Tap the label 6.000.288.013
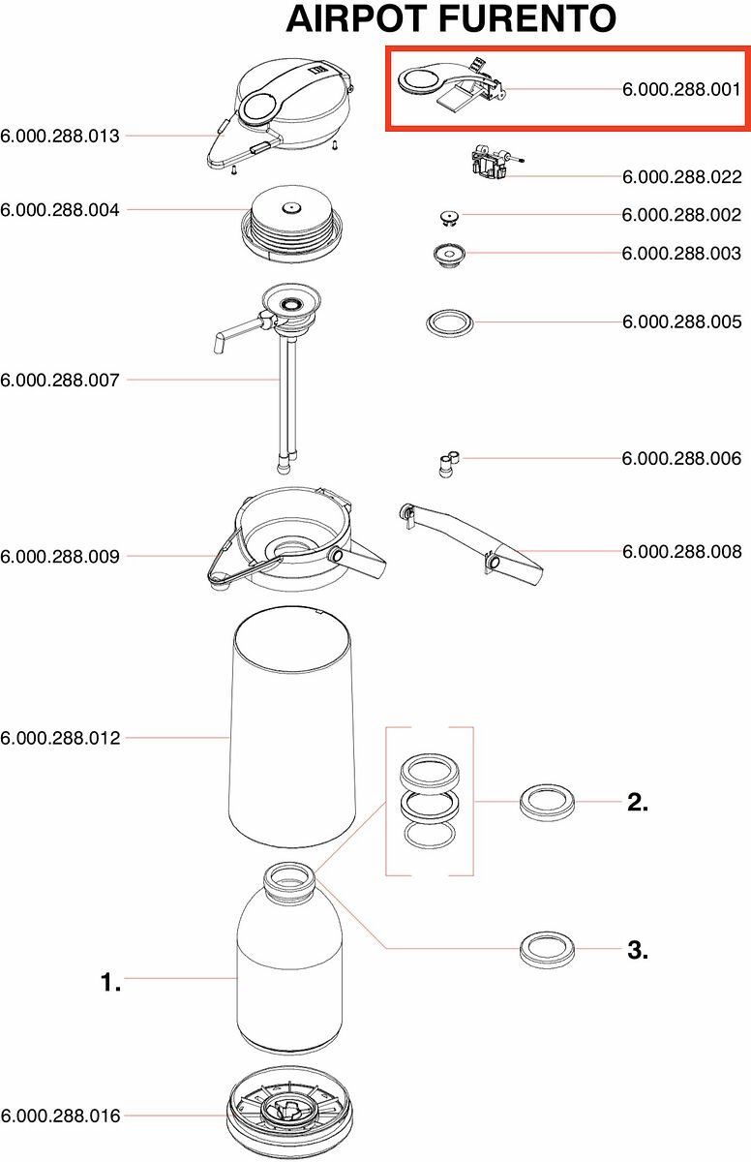[60, 136]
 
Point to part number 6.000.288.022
[681, 177]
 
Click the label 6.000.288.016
[60, 1116]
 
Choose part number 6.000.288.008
[681, 552]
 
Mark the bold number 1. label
[110, 983]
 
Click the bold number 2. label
[637, 802]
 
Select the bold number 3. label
[637, 950]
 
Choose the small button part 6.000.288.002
[447, 215]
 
